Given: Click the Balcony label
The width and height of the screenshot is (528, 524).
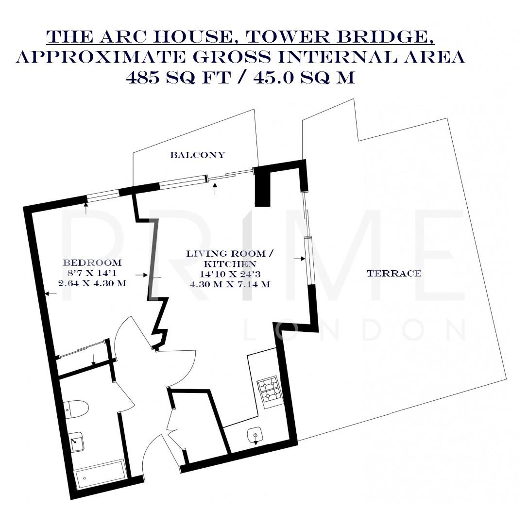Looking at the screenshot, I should [x=197, y=155].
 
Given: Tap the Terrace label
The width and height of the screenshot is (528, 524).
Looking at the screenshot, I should [x=393, y=274].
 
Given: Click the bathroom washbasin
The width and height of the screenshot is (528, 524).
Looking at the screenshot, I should [x=77, y=442].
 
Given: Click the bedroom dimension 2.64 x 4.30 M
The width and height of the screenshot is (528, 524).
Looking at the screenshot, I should [x=92, y=283].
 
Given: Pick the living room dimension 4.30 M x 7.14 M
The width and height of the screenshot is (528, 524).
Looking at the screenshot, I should [x=230, y=284].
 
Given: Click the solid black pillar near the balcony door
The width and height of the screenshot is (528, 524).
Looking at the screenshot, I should [x=262, y=187].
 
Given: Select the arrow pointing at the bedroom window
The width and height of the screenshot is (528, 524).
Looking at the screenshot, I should [x=86, y=209].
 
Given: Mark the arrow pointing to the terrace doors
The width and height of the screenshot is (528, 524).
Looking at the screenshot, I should [x=297, y=259].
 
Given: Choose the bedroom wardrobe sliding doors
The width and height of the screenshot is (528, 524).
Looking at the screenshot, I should [x=82, y=349].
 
